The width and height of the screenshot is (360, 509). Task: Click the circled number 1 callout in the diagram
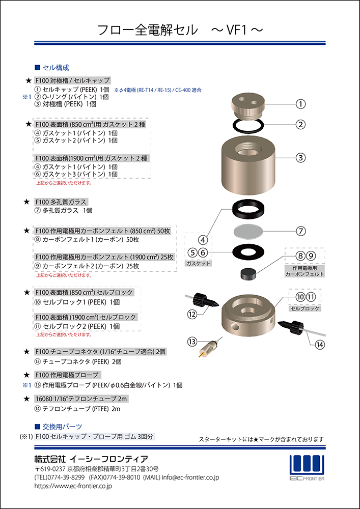(301, 104)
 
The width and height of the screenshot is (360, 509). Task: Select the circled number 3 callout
(301, 158)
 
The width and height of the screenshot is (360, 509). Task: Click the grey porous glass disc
(248, 231)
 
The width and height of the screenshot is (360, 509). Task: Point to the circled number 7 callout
(301, 231)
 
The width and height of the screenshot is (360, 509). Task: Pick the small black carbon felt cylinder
(248, 274)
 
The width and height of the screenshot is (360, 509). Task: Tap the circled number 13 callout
(192, 341)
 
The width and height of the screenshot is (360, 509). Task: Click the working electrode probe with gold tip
(207, 348)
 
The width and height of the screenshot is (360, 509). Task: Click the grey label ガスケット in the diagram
(199, 264)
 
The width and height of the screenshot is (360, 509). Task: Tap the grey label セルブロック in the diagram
(305, 309)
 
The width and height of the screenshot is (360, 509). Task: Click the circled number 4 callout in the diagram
(203, 240)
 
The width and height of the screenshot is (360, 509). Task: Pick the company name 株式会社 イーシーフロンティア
(91, 459)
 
